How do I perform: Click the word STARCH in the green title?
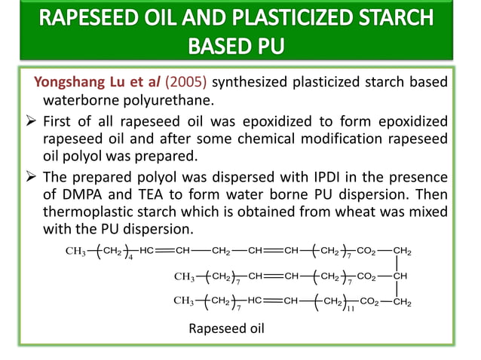point(391,18)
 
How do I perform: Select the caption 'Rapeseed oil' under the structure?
point(225,328)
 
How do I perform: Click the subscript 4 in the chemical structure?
point(131,258)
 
